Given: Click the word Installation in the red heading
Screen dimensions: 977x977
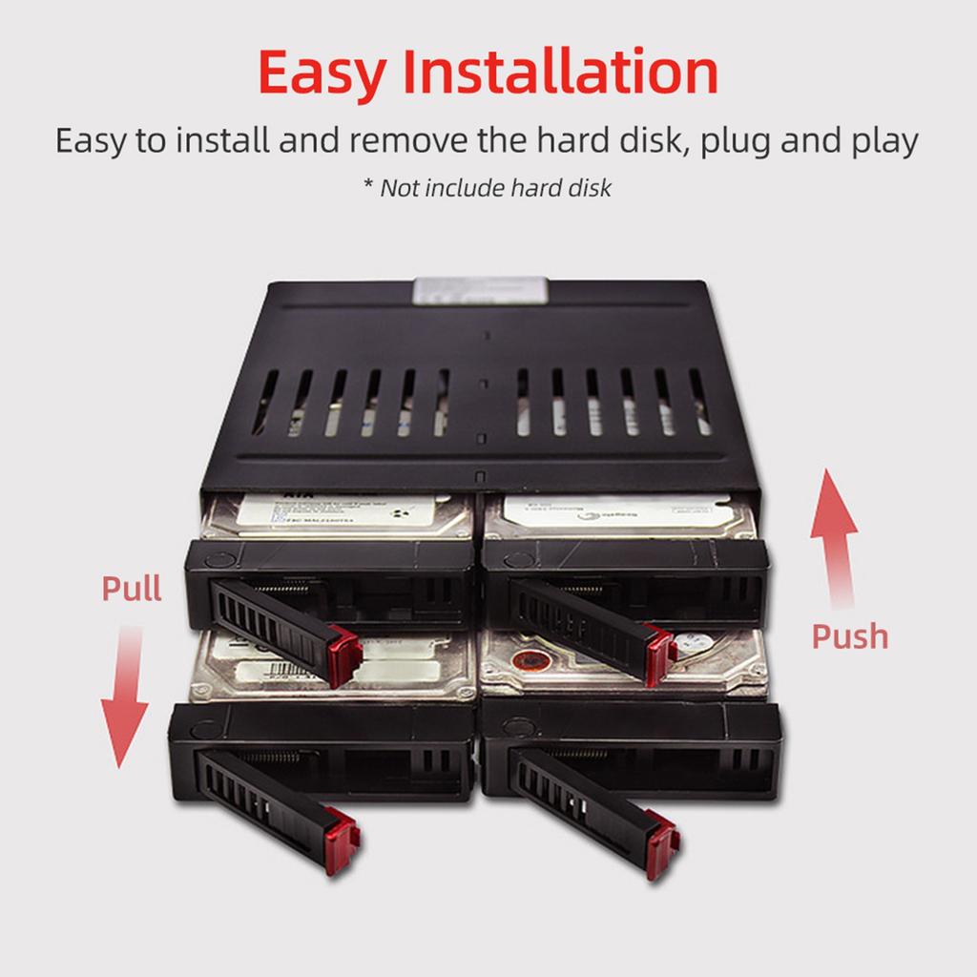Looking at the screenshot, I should coord(560,72).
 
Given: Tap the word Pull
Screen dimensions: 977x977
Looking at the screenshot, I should coord(132,589).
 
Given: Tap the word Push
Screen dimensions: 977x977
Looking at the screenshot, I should coord(849,636).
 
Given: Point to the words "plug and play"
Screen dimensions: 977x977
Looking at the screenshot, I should coord(810,141).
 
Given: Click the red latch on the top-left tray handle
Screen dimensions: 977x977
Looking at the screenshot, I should coord(344,657).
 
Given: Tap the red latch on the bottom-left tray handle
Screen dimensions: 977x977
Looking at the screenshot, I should coord(342,839).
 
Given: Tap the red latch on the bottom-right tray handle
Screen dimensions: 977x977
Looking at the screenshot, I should coord(662,843).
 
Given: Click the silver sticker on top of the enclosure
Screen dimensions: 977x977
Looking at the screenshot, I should coord(480,290).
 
